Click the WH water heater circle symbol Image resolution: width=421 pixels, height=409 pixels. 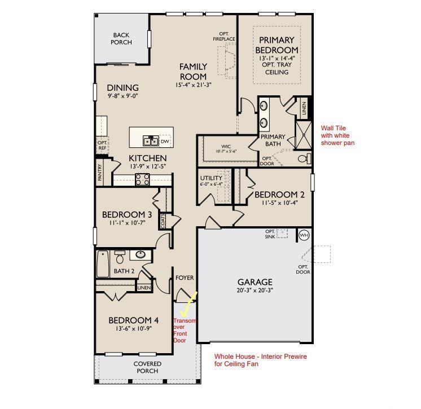pyautogui.click(x=304, y=235)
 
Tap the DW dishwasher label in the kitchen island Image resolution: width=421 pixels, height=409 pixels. pyautogui.click(x=165, y=142)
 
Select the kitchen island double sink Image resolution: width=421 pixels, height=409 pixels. pyautogui.click(x=151, y=141)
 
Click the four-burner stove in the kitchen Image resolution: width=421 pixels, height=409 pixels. pyautogui.click(x=143, y=179)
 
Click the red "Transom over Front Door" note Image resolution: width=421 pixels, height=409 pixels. pyautogui.click(x=185, y=331)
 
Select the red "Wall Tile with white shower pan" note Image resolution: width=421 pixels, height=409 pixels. pyautogui.click(x=337, y=135)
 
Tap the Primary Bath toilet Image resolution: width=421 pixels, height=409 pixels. pyautogui.click(x=305, y=159)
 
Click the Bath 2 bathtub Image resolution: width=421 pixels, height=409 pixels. pyautogui.click(x=103, y=264)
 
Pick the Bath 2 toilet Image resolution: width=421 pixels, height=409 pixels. pyautogui.click(x=120, y=257)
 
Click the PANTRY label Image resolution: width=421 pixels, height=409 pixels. pyautogui.click(x=100, y=172)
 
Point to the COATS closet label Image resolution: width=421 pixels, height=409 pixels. pyautogui.click(x=163, y=221)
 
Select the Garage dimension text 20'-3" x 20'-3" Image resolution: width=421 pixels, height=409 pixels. pyautogui.click(x=255, y=290)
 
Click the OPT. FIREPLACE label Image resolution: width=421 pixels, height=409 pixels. pyautogui.click(x=224, y=37)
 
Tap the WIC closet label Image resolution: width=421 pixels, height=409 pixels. pyautogui.click(x=226, y=149)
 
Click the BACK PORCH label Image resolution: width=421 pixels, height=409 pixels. pyautogui.click(x=121, y=39)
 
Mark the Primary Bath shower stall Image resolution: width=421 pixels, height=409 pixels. pyautogui.click(x=304, y=135)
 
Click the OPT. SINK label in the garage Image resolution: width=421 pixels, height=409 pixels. pyautogui.click(x=270, y=234)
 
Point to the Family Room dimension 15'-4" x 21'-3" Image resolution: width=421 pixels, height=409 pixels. pyautogui.click(x=194, y=85)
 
